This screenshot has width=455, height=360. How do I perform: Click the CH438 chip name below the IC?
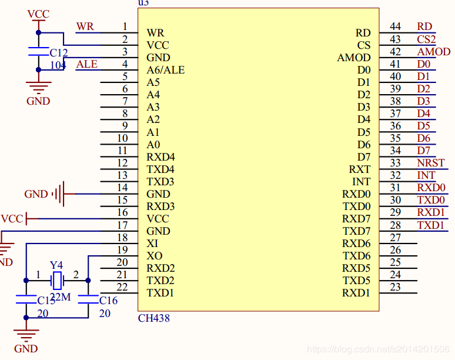click(x=153, y=318)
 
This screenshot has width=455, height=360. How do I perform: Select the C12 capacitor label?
click(x=59, y=53)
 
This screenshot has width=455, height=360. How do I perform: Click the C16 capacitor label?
click(x=108, y=301)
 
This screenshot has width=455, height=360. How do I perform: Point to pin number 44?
click(x=395, y=26)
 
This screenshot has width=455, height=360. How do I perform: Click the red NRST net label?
click(x=431, y=163)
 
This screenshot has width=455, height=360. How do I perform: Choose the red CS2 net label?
click(x=426, y=39)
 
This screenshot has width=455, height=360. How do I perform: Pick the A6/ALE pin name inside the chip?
click(x=165, y=70)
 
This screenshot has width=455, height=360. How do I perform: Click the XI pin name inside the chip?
click(x=152, y=243)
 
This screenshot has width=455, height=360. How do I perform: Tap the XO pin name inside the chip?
click(x=154, y=256)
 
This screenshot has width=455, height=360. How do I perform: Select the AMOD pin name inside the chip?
click(x=354, y=58)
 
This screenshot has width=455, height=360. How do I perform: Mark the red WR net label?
click(x=85, y=27)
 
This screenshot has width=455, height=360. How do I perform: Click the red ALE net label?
click(x=87, y=64)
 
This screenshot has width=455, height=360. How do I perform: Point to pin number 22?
click(x=122, y=286)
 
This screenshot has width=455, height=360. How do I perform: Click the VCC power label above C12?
click(x=39, y=14)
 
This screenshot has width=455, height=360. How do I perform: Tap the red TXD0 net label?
click(x=431, y=200)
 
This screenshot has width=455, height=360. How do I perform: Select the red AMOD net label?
click(x=434, y=52)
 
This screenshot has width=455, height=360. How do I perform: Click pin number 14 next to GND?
click(x=122, y=188)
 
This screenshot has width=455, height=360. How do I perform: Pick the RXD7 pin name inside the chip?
click(x=357, y=219)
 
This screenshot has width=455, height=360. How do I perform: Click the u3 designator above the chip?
click(x=143, y=3)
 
